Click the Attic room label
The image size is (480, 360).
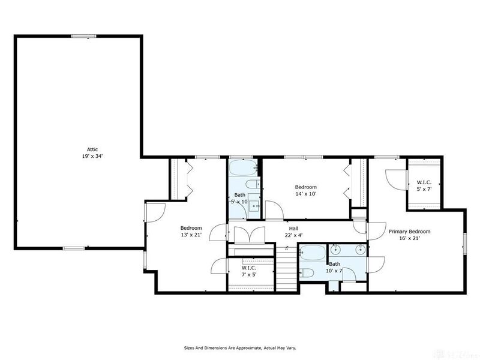[92, 149]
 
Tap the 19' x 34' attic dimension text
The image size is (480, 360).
[92, 155]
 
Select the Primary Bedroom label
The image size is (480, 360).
[409, 231]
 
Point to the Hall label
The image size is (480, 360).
[293, 229]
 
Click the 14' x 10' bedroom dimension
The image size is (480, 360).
[305, 194]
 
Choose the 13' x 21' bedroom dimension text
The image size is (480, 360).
[191, 235]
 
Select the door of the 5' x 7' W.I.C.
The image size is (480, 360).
[393, 177]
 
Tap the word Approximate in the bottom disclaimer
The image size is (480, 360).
[244, 347]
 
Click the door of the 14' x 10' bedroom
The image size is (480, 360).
[276, 212]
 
